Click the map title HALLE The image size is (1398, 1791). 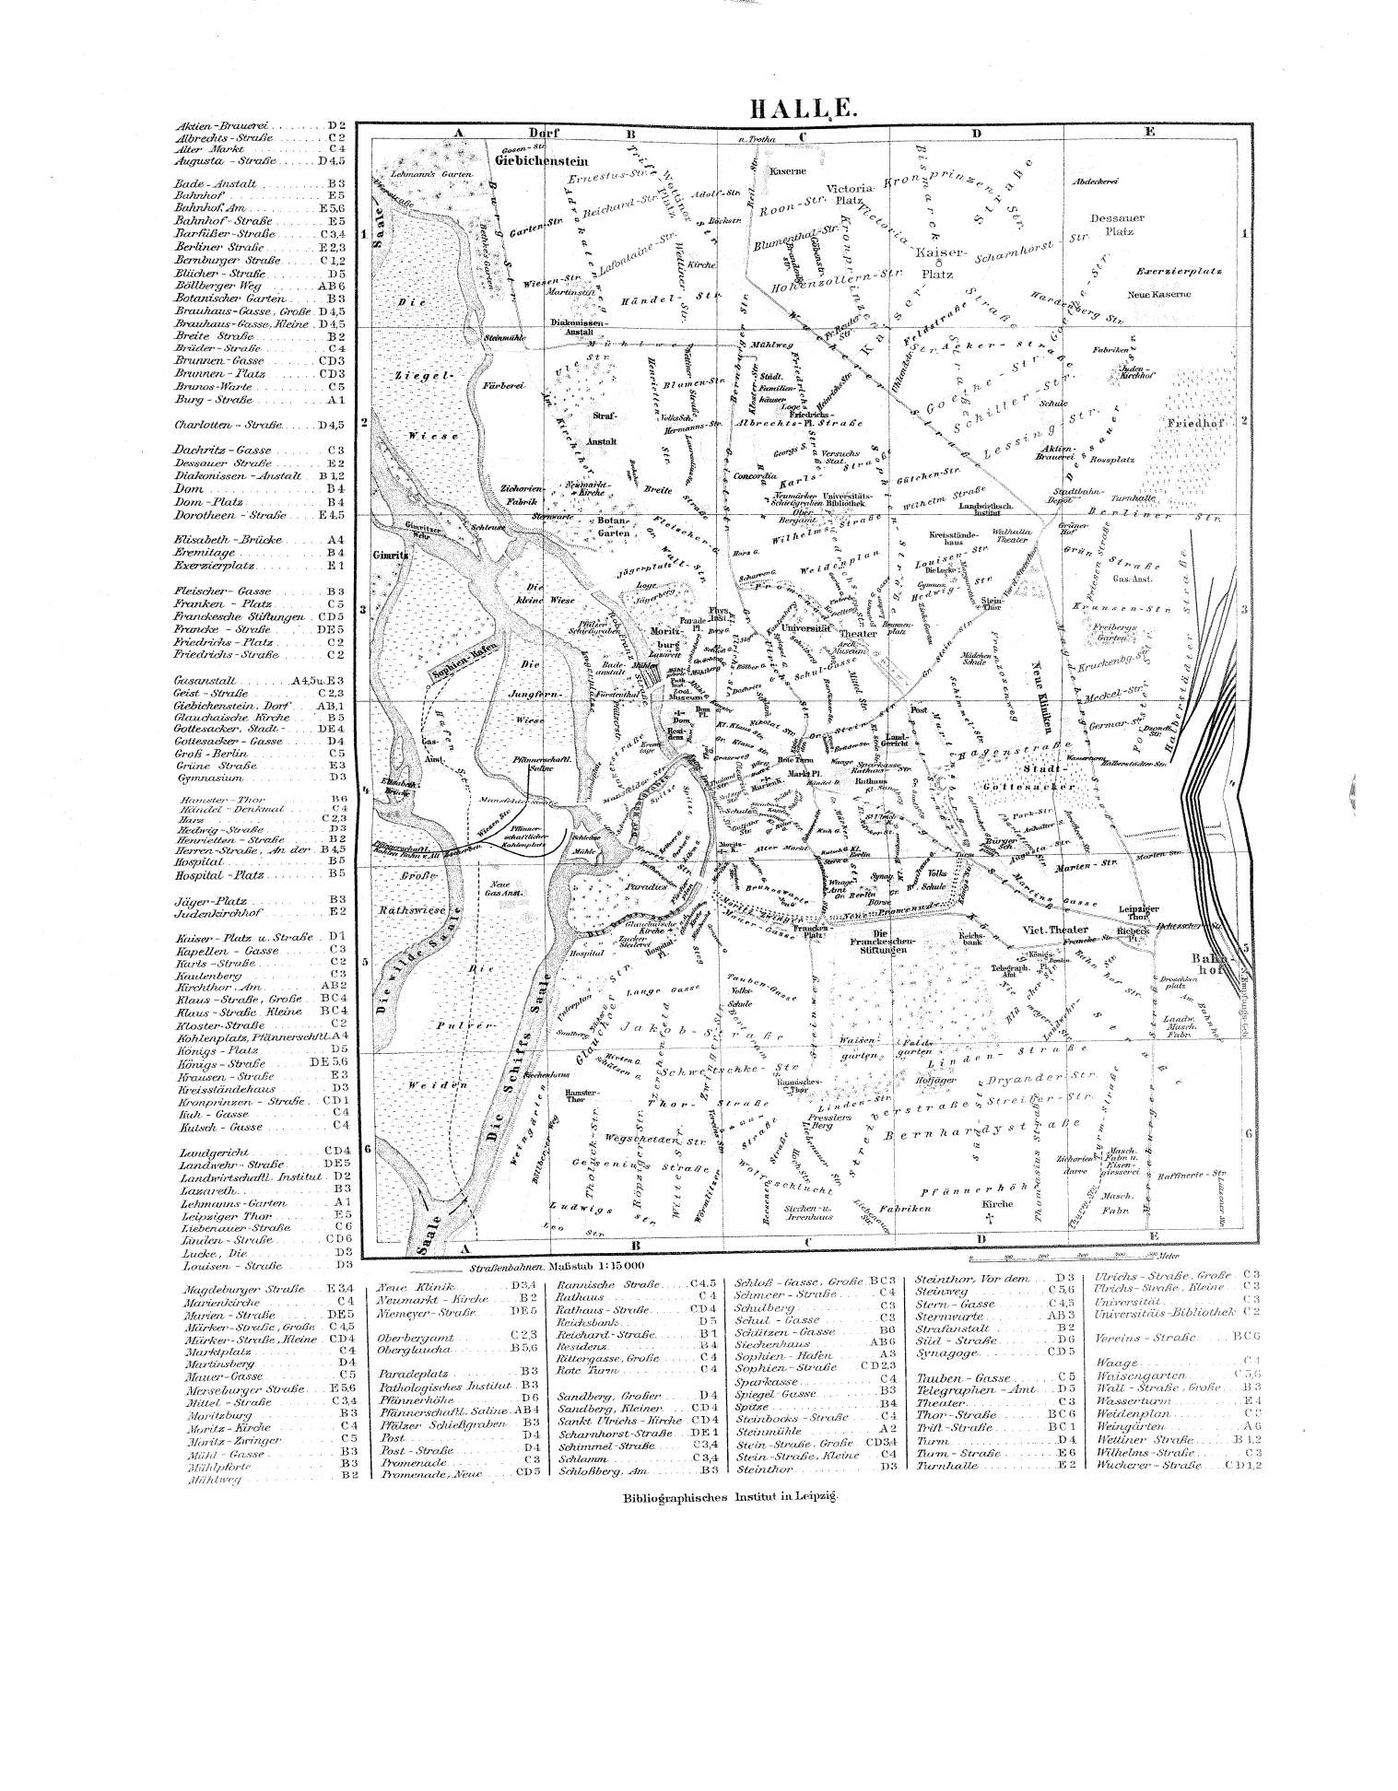tap(805, 109)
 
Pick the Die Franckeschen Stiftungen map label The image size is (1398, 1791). tap(882, 942)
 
